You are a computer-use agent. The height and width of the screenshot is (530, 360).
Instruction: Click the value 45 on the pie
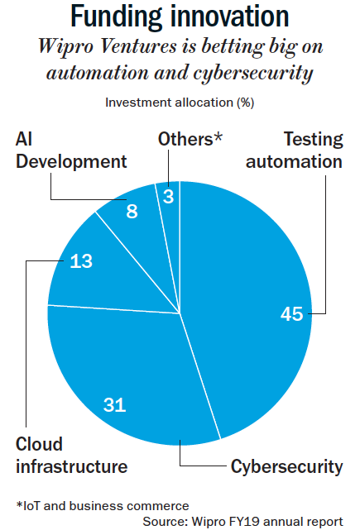(x=291, y=313)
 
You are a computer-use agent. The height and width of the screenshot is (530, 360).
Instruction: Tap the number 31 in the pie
(x=115, y=404)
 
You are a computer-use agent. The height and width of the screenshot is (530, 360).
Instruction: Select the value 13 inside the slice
(x=81, y=261)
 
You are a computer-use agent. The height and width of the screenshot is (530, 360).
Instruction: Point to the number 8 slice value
(x=132, y=212)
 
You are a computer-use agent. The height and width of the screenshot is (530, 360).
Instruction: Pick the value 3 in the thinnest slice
(x=168, y=197)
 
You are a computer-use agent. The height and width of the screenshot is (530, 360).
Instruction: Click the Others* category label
(x=190, y=139)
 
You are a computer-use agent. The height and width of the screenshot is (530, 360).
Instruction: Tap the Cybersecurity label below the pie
(x=286, y=467)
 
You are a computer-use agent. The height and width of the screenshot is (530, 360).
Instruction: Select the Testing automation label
(x=295, y=150)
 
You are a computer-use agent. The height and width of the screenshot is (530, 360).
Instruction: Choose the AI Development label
(x=71, y=150)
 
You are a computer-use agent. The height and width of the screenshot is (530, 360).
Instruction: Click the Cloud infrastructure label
(x=71, y=456)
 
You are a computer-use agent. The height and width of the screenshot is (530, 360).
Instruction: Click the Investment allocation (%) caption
(x=180, y=103)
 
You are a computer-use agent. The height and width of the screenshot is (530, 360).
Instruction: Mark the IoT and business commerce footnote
(x=103, y=506)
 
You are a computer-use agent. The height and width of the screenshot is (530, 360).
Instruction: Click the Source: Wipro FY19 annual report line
(x=243, y=522)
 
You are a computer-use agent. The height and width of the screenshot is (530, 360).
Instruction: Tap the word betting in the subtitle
(x=233, y=46)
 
